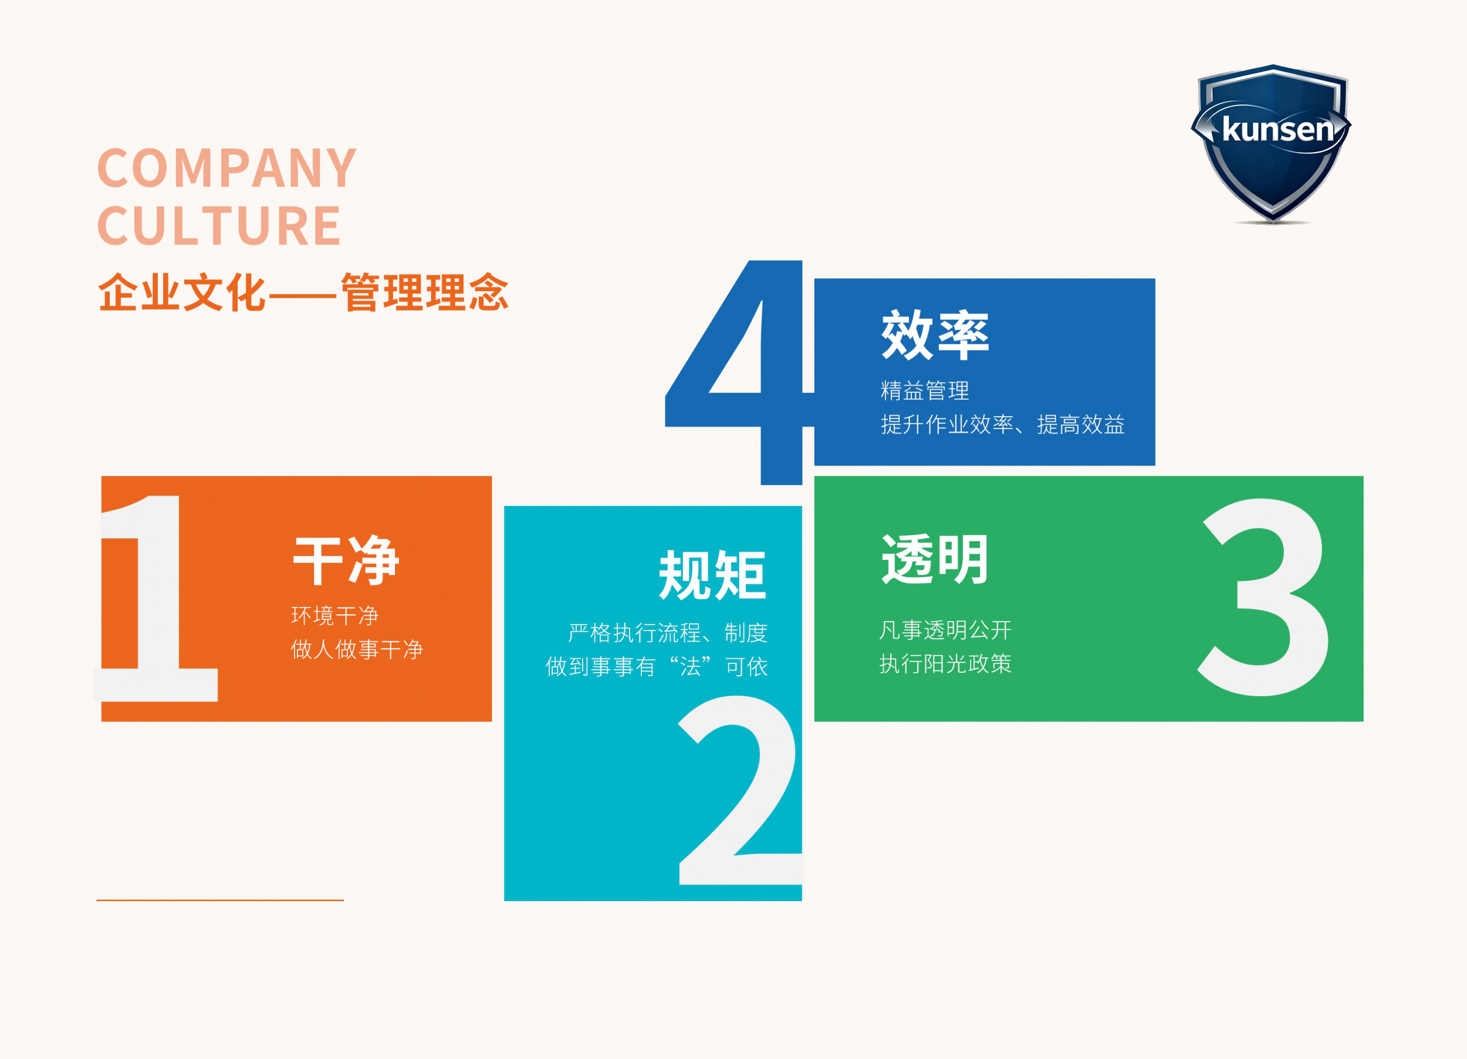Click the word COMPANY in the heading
coord(227,168)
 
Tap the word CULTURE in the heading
coord(219,225)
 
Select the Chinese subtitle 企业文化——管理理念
coord(303,292)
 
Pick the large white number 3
coord(1263,597)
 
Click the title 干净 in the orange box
coord(346,560)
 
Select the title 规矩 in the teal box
coord(713,575)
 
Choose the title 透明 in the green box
coord(935,559)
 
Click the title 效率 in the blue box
coord(935,335)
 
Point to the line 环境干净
coord(335,615)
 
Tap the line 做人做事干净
coord(357,649)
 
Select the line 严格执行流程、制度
coord(668,633)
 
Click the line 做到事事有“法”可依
coord(657,666)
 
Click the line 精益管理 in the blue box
coord(925,390)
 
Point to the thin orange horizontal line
coord(220,900)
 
